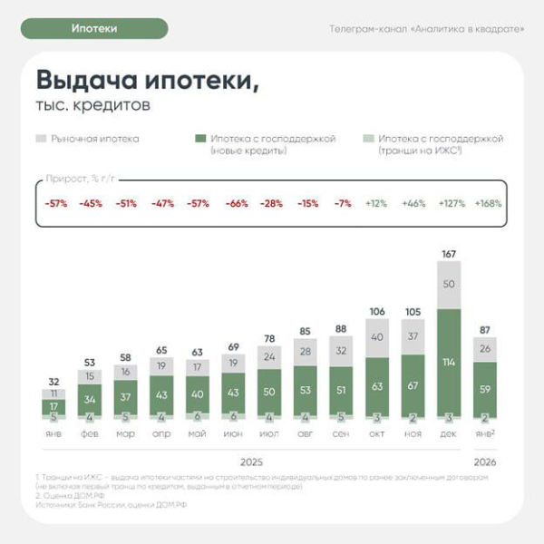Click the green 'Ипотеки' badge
(94, 28)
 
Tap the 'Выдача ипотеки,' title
(146, 80)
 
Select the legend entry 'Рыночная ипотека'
(89, 139)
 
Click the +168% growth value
(488, 204)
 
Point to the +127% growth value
(452, 204)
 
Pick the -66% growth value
(236, 204)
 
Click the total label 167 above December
(449, 253)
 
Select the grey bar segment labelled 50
(449, 285)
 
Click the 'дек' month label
(449, 433)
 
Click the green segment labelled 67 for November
(413, 384)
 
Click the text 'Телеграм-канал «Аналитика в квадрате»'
(427, 29)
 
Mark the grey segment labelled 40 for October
(377, 336)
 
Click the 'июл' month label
(270, 433)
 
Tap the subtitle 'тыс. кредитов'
(92, 105)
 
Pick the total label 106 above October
(377, 311)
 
